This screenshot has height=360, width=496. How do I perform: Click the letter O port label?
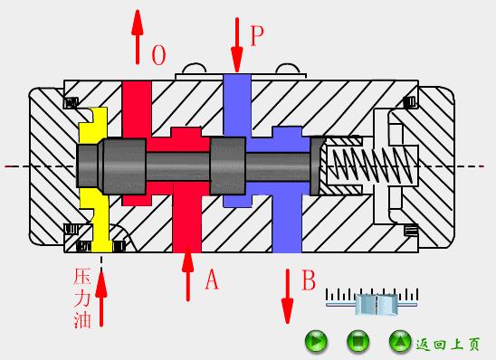coord(158,55)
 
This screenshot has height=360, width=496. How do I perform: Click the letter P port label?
coord(257,35)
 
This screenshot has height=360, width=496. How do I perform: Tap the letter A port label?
coord(212,279)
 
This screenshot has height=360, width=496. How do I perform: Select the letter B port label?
coord(309,279)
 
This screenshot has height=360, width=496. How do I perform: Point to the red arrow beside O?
coord(138,37)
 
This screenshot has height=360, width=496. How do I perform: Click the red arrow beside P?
coord(237,45)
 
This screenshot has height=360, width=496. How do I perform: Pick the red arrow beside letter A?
coord(188,274)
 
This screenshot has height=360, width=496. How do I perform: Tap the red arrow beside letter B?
coord(287,296)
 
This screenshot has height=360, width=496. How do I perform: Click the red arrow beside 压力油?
coord(100,298)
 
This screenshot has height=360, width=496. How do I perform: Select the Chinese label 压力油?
coord(82,298)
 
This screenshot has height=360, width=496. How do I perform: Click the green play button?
coord(316,341)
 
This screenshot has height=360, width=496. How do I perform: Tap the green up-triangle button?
coord(400,341)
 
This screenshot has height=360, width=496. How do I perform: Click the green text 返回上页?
coord(448,344)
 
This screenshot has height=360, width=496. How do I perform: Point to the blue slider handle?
coord(377,304)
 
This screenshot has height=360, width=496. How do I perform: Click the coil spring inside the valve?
coord(372,166)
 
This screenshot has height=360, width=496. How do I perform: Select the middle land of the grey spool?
coord(228,166)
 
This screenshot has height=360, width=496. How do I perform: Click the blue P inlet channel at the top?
coord(237,104)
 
